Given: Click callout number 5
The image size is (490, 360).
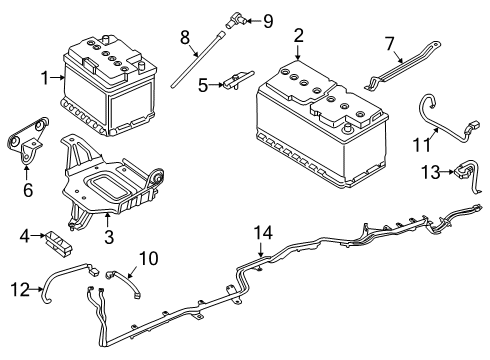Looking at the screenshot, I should [x=202, y=85].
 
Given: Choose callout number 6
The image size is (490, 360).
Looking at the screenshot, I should [x=26, y=189].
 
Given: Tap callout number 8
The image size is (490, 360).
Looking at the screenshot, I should [x=183, y=37].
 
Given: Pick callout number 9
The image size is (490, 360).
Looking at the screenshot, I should [x=267, y=20].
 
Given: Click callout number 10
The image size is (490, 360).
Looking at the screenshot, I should [x=149, y=259].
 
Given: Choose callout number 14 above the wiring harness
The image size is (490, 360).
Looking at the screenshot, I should [x=262, y=234].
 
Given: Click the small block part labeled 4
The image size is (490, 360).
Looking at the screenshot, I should [x=58, y=240].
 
